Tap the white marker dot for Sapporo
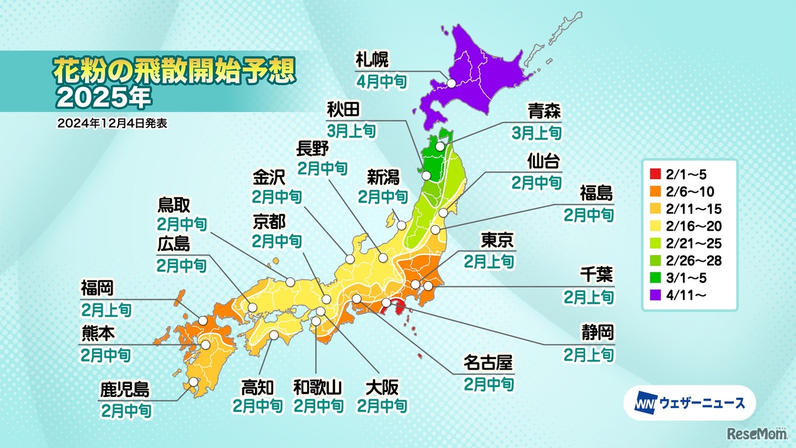coord(451,83)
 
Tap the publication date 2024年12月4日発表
coord(112,123)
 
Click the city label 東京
coord(497,240)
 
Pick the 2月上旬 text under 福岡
coord(106,309)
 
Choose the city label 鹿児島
coord(124,390)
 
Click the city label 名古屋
coord(489,362)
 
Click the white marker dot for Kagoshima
coord(194,382)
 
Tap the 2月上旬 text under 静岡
coord(589,354)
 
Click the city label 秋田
coord(343,110)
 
